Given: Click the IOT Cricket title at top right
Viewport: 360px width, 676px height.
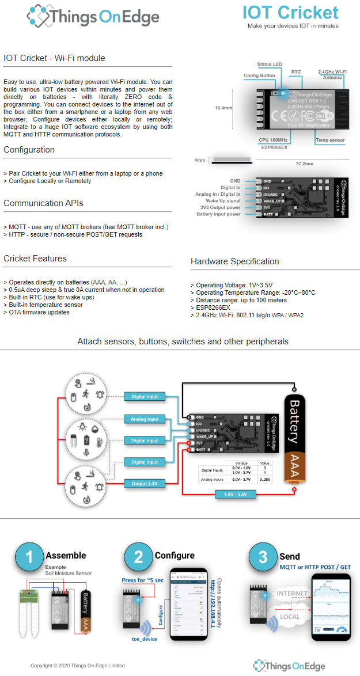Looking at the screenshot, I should point(290,13).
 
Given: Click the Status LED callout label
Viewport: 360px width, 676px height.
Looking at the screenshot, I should point(270,64).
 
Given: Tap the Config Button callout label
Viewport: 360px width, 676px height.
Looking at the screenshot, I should point(259,75).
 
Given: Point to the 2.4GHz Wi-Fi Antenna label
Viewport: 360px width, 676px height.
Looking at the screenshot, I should point(332,74).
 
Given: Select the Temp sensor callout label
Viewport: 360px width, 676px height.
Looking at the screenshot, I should point(330,140).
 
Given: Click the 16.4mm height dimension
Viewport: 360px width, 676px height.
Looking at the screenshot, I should point(223,108).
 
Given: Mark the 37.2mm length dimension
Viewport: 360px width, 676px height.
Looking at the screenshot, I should point(304,164).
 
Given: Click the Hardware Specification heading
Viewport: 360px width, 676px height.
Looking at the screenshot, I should point(234,261).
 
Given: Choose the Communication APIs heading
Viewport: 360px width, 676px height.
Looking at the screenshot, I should point(43,203).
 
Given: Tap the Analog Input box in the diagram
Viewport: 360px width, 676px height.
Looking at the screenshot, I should point(145,419).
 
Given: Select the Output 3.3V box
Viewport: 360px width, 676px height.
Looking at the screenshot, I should point(144,484).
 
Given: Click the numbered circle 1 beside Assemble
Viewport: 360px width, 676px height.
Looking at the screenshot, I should point(29,557).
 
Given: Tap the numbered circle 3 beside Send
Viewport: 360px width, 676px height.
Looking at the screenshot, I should point(263,557).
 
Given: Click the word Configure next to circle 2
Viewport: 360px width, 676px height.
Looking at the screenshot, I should point(175,556).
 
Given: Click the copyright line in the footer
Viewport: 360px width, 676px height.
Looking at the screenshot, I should point(78,666).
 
